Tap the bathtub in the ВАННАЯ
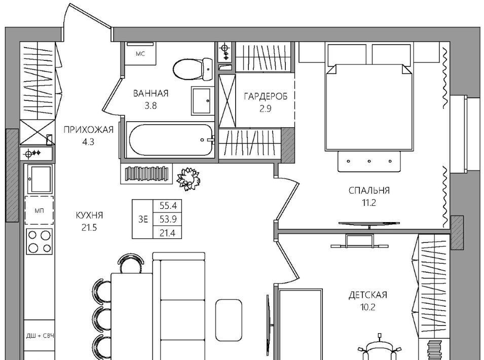click(171, 140)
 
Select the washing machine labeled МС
click(140, 53)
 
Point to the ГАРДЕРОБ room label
click(266, 96)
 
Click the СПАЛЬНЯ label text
click(369, 190)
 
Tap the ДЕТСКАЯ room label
click(367, 295)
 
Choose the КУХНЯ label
click(89, 215)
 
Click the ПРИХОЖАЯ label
click(88, 130)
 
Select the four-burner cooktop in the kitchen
click(39, 241)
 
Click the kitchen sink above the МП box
click(40, 179)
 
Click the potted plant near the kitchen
click(189, 179)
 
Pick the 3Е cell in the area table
click(143, 219)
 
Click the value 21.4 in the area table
click(168, 233)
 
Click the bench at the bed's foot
click(369, 161)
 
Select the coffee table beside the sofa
click(229, 320)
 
